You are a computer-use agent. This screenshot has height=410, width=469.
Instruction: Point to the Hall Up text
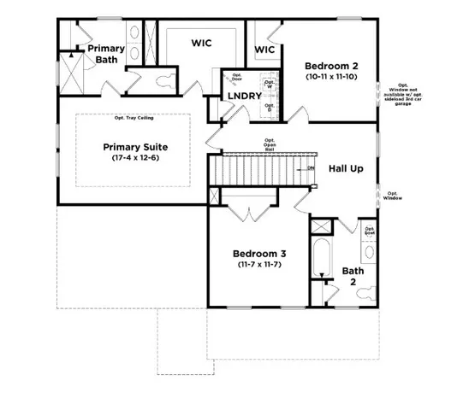[x=346, y=168]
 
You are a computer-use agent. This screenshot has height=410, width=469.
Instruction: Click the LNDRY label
[x=244, y=96]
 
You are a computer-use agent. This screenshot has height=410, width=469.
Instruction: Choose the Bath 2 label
[x=353, y=277]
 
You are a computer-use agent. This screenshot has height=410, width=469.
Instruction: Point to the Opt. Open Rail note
[x=269, y=143]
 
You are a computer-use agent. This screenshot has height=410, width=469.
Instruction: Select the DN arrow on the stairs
[x=310, y=168]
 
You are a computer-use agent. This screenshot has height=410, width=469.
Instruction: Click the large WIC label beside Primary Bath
[x=202, y=42]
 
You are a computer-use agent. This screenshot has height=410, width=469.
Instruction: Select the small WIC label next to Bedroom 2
[x=264, y=50]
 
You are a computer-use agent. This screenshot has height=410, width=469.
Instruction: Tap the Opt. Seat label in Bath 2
[x=370, y=231]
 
